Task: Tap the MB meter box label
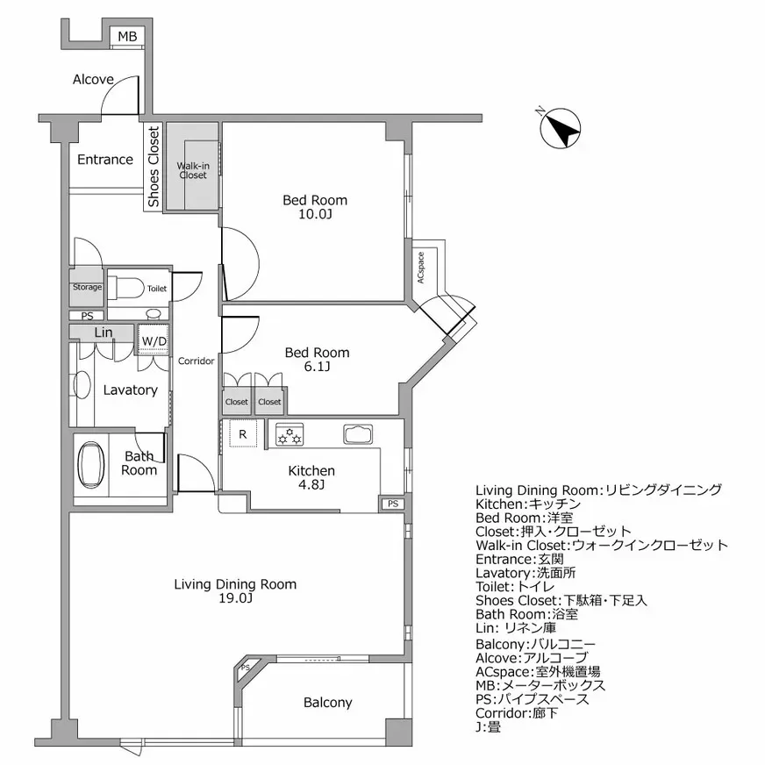point(128,36)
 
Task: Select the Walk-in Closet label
point(193,169)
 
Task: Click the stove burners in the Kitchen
point(290,434)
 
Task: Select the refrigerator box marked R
point(242,433)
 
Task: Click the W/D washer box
point(154,340)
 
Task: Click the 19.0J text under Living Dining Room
point(235,599)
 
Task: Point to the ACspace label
point(421,267)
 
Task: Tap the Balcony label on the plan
point(327,703)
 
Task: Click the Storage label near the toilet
point(87,288)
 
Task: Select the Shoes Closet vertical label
point(154,167)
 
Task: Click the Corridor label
point(197,361)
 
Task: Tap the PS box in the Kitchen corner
point(392,504)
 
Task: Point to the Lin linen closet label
point(103,332)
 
